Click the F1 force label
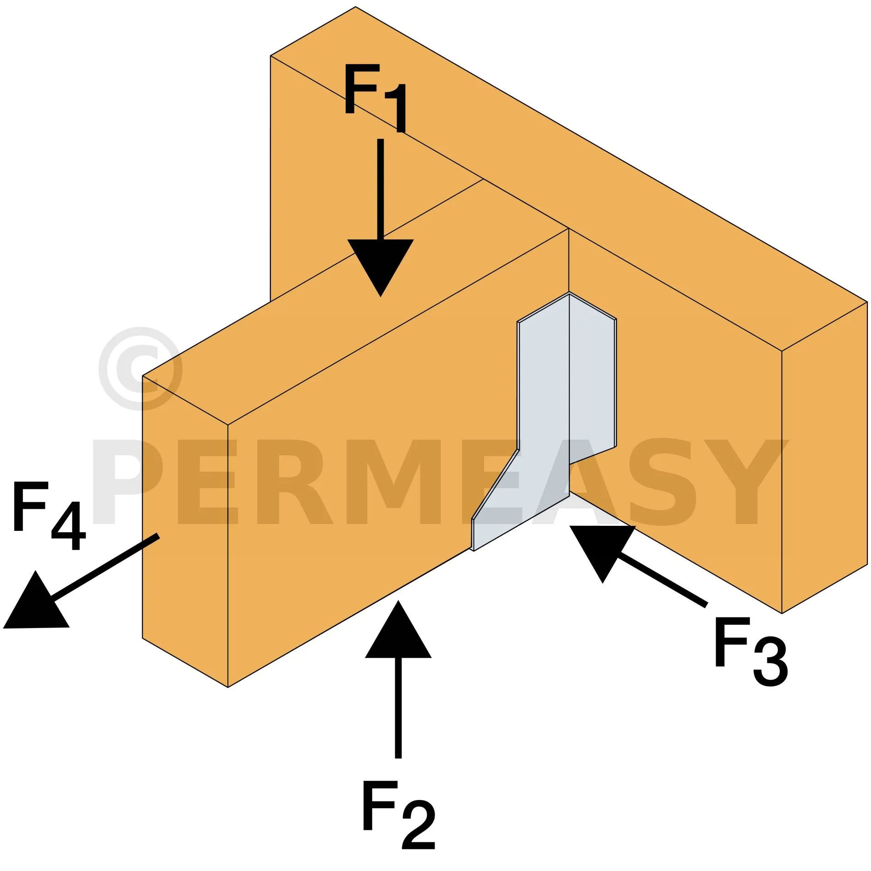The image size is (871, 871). tap(375, 98)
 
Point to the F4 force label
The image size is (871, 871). tap(50, 516)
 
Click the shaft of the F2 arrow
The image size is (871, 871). tap(398, 708)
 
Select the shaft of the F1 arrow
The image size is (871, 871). tap(380, 189)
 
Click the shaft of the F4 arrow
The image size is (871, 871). tap(105, 567)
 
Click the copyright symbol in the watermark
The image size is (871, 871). tap(140, 368)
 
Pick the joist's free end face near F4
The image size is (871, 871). tap(185, 532)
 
